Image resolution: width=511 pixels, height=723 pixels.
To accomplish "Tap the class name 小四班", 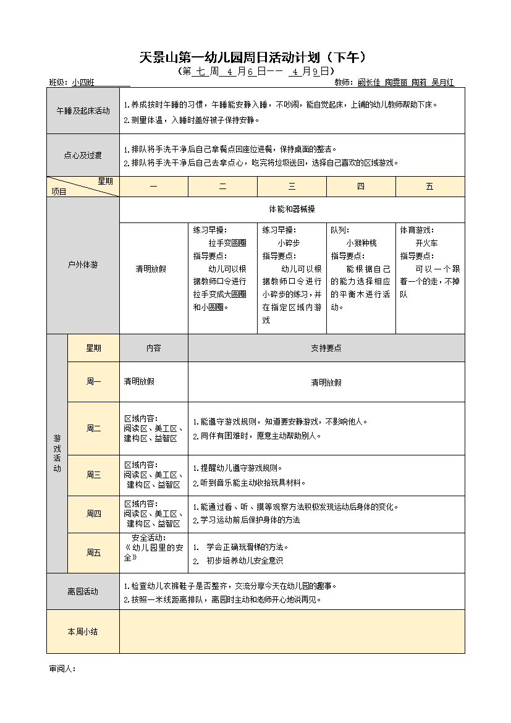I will (83, 82).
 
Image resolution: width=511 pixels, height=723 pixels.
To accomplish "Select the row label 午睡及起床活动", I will (83, 111).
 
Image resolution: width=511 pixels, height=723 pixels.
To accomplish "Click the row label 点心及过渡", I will (83, 156).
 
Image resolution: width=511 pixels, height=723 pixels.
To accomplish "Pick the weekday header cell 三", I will (292, 187).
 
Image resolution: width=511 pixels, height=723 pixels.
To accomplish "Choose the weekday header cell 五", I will (429, 187).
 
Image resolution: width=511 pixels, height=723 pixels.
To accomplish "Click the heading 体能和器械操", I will (292, 209).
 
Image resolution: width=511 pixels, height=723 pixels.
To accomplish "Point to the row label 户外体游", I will (83, 265).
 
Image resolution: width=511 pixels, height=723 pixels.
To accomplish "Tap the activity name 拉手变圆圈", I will (227, 243).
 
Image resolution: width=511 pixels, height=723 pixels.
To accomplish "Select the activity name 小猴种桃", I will (361, 243).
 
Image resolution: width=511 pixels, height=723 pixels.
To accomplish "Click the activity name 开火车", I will (426, 243).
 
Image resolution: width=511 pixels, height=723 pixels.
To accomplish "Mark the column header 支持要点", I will (326, 348).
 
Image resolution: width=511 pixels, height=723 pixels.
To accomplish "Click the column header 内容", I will (153, 348).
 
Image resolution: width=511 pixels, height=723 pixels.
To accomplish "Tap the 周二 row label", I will (93, 428).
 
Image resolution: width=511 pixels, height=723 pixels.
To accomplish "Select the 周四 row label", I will (93, 514).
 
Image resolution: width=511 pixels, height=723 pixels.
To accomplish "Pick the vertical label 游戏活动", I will (57, 454).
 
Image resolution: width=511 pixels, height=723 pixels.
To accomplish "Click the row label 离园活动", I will (83, 591).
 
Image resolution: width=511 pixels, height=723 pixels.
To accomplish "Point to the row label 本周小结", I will (83, 632).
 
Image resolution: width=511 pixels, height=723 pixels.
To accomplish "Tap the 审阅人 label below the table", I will (62, 669).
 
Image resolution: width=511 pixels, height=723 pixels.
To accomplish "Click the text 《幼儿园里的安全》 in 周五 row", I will (153, 552).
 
